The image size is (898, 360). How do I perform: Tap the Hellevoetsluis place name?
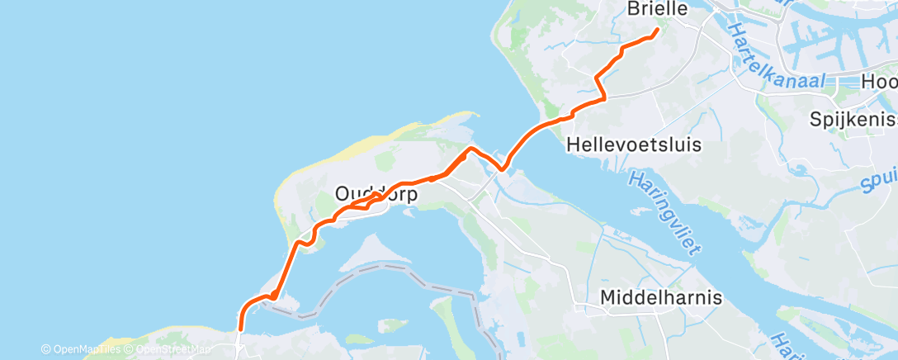pos(635,144)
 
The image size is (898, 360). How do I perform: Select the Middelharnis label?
pos(661,297)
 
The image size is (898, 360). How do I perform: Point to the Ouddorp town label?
pos(377,194)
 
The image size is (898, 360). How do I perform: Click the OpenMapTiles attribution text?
pos(83,350)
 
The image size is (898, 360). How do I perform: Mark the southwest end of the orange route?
pos(240,329)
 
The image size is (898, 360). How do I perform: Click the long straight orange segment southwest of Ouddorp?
pos(286,268)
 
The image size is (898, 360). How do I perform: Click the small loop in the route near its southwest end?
pos(272,296)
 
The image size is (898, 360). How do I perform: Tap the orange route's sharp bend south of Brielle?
pos(597,78)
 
